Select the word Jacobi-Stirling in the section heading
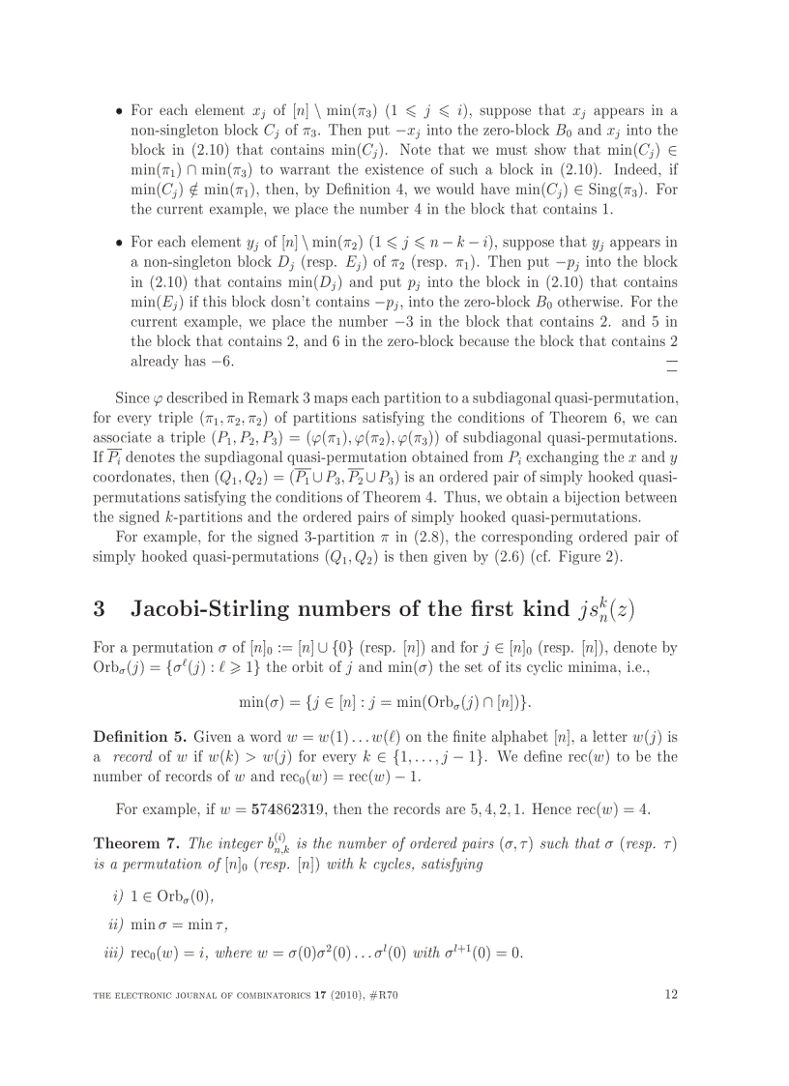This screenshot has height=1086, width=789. [x=197, y=609]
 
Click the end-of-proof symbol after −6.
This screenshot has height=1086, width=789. [x=672, y=363]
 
